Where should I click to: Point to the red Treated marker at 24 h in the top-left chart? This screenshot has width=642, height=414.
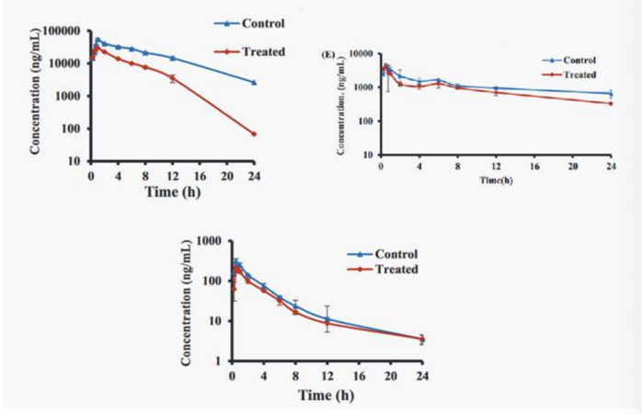(x=254, y=134)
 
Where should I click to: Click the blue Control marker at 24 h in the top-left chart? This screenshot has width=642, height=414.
(x=254, y=83)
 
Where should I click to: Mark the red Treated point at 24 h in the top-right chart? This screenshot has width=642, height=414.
(x=611, y=103)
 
